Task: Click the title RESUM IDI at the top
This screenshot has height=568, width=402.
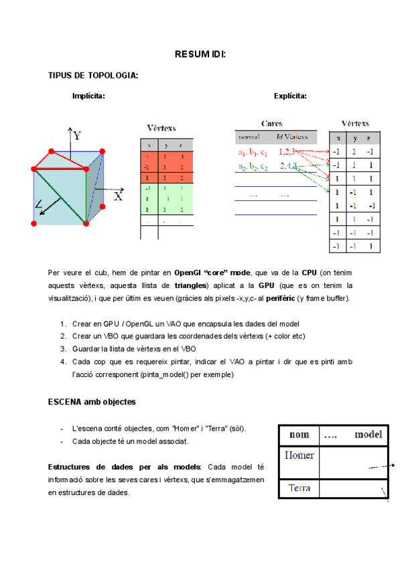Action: point(200,54)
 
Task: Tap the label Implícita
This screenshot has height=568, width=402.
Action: point(88,96)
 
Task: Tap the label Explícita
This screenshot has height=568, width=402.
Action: point(290,96)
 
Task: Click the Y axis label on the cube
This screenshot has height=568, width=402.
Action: point(78,136)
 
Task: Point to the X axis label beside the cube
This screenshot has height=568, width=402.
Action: point(119,196)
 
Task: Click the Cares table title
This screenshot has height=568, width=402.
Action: point(271,124)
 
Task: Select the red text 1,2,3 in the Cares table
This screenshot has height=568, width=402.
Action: point(287,152)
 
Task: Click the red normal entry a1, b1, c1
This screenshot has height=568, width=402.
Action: point(253,152)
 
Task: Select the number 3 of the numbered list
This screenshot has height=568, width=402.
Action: point(62,349)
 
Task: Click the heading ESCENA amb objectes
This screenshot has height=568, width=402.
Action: point(92,402)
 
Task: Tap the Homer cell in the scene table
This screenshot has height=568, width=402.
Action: point(299,455)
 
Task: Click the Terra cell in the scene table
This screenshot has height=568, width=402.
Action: point(299,488)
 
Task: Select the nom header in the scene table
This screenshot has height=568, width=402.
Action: point(299,434)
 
